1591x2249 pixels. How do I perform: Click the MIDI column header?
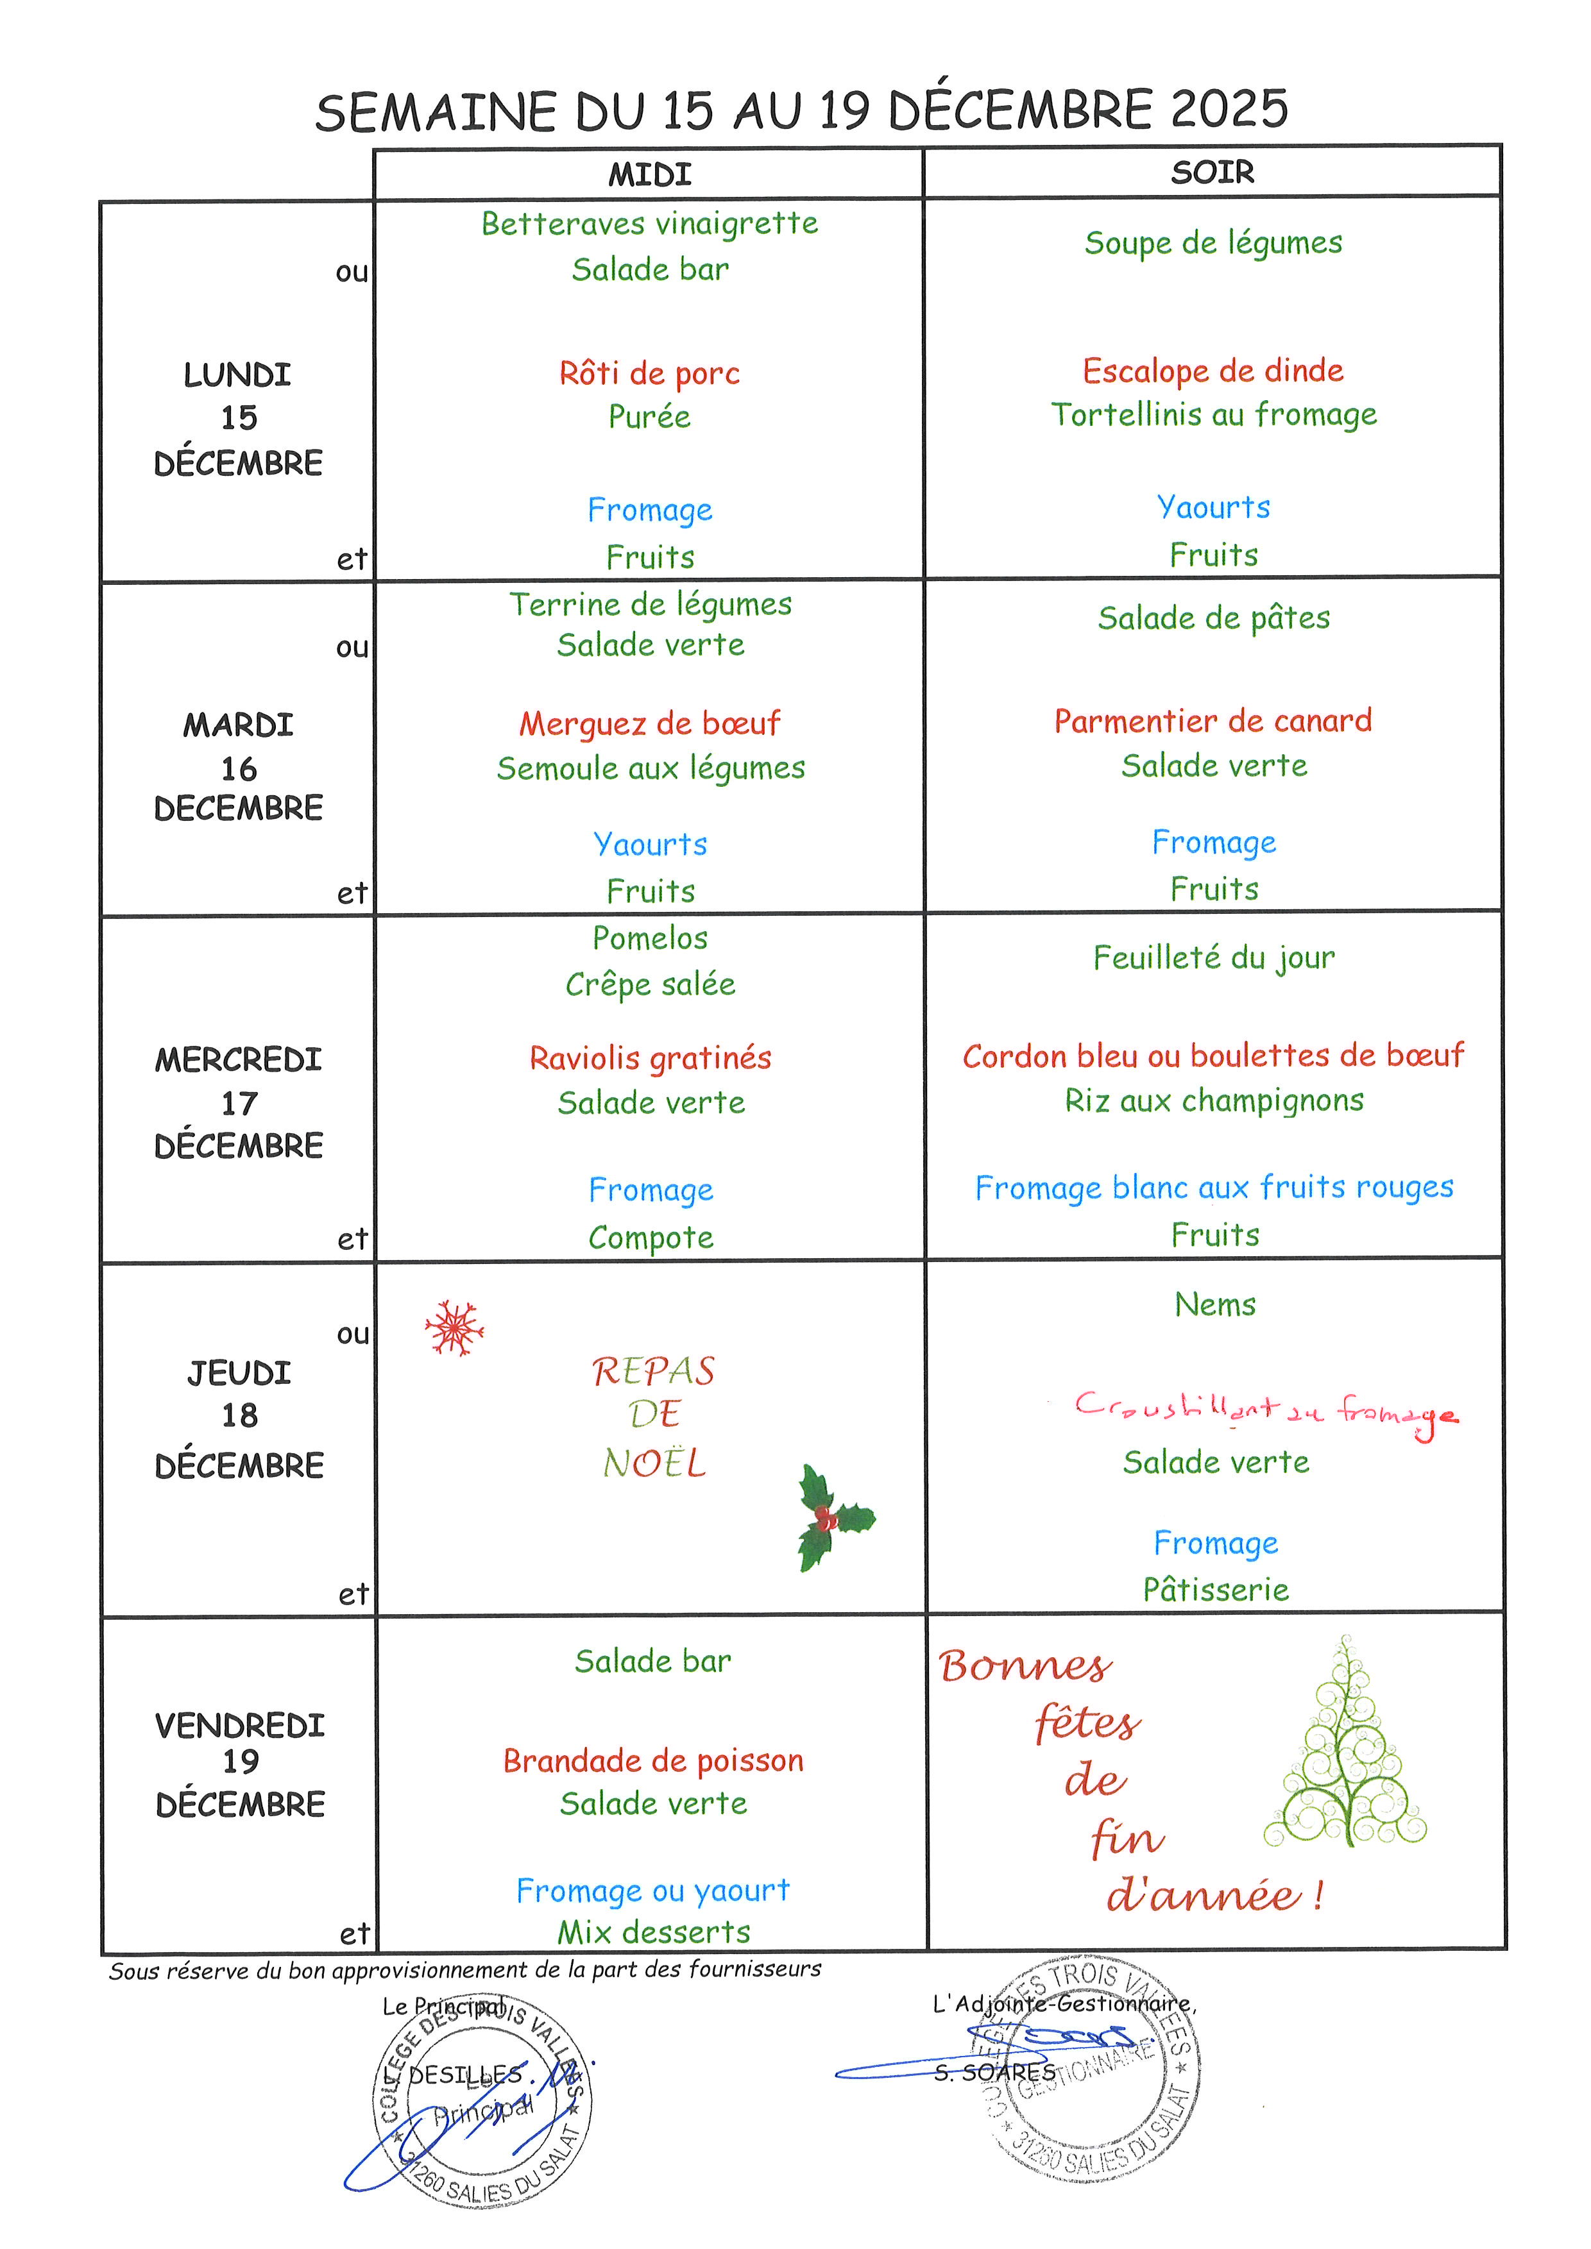[649, 174]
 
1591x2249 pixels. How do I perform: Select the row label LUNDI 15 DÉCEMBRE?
[238, 418]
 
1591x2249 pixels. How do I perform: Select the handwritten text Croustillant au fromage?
[1264, 1411]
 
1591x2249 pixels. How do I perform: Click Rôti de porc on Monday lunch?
[649, 373]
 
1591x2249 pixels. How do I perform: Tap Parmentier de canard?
[1213, 721]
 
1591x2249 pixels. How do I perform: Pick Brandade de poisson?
[654, 1760]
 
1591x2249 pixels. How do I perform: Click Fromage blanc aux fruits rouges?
[1214, 1187]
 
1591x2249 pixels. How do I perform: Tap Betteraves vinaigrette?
[649, 223]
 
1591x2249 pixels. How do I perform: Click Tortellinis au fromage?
[1214, 414]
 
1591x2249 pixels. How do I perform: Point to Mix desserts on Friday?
[654, 1932]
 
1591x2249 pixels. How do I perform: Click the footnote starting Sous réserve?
[464, 1970]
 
